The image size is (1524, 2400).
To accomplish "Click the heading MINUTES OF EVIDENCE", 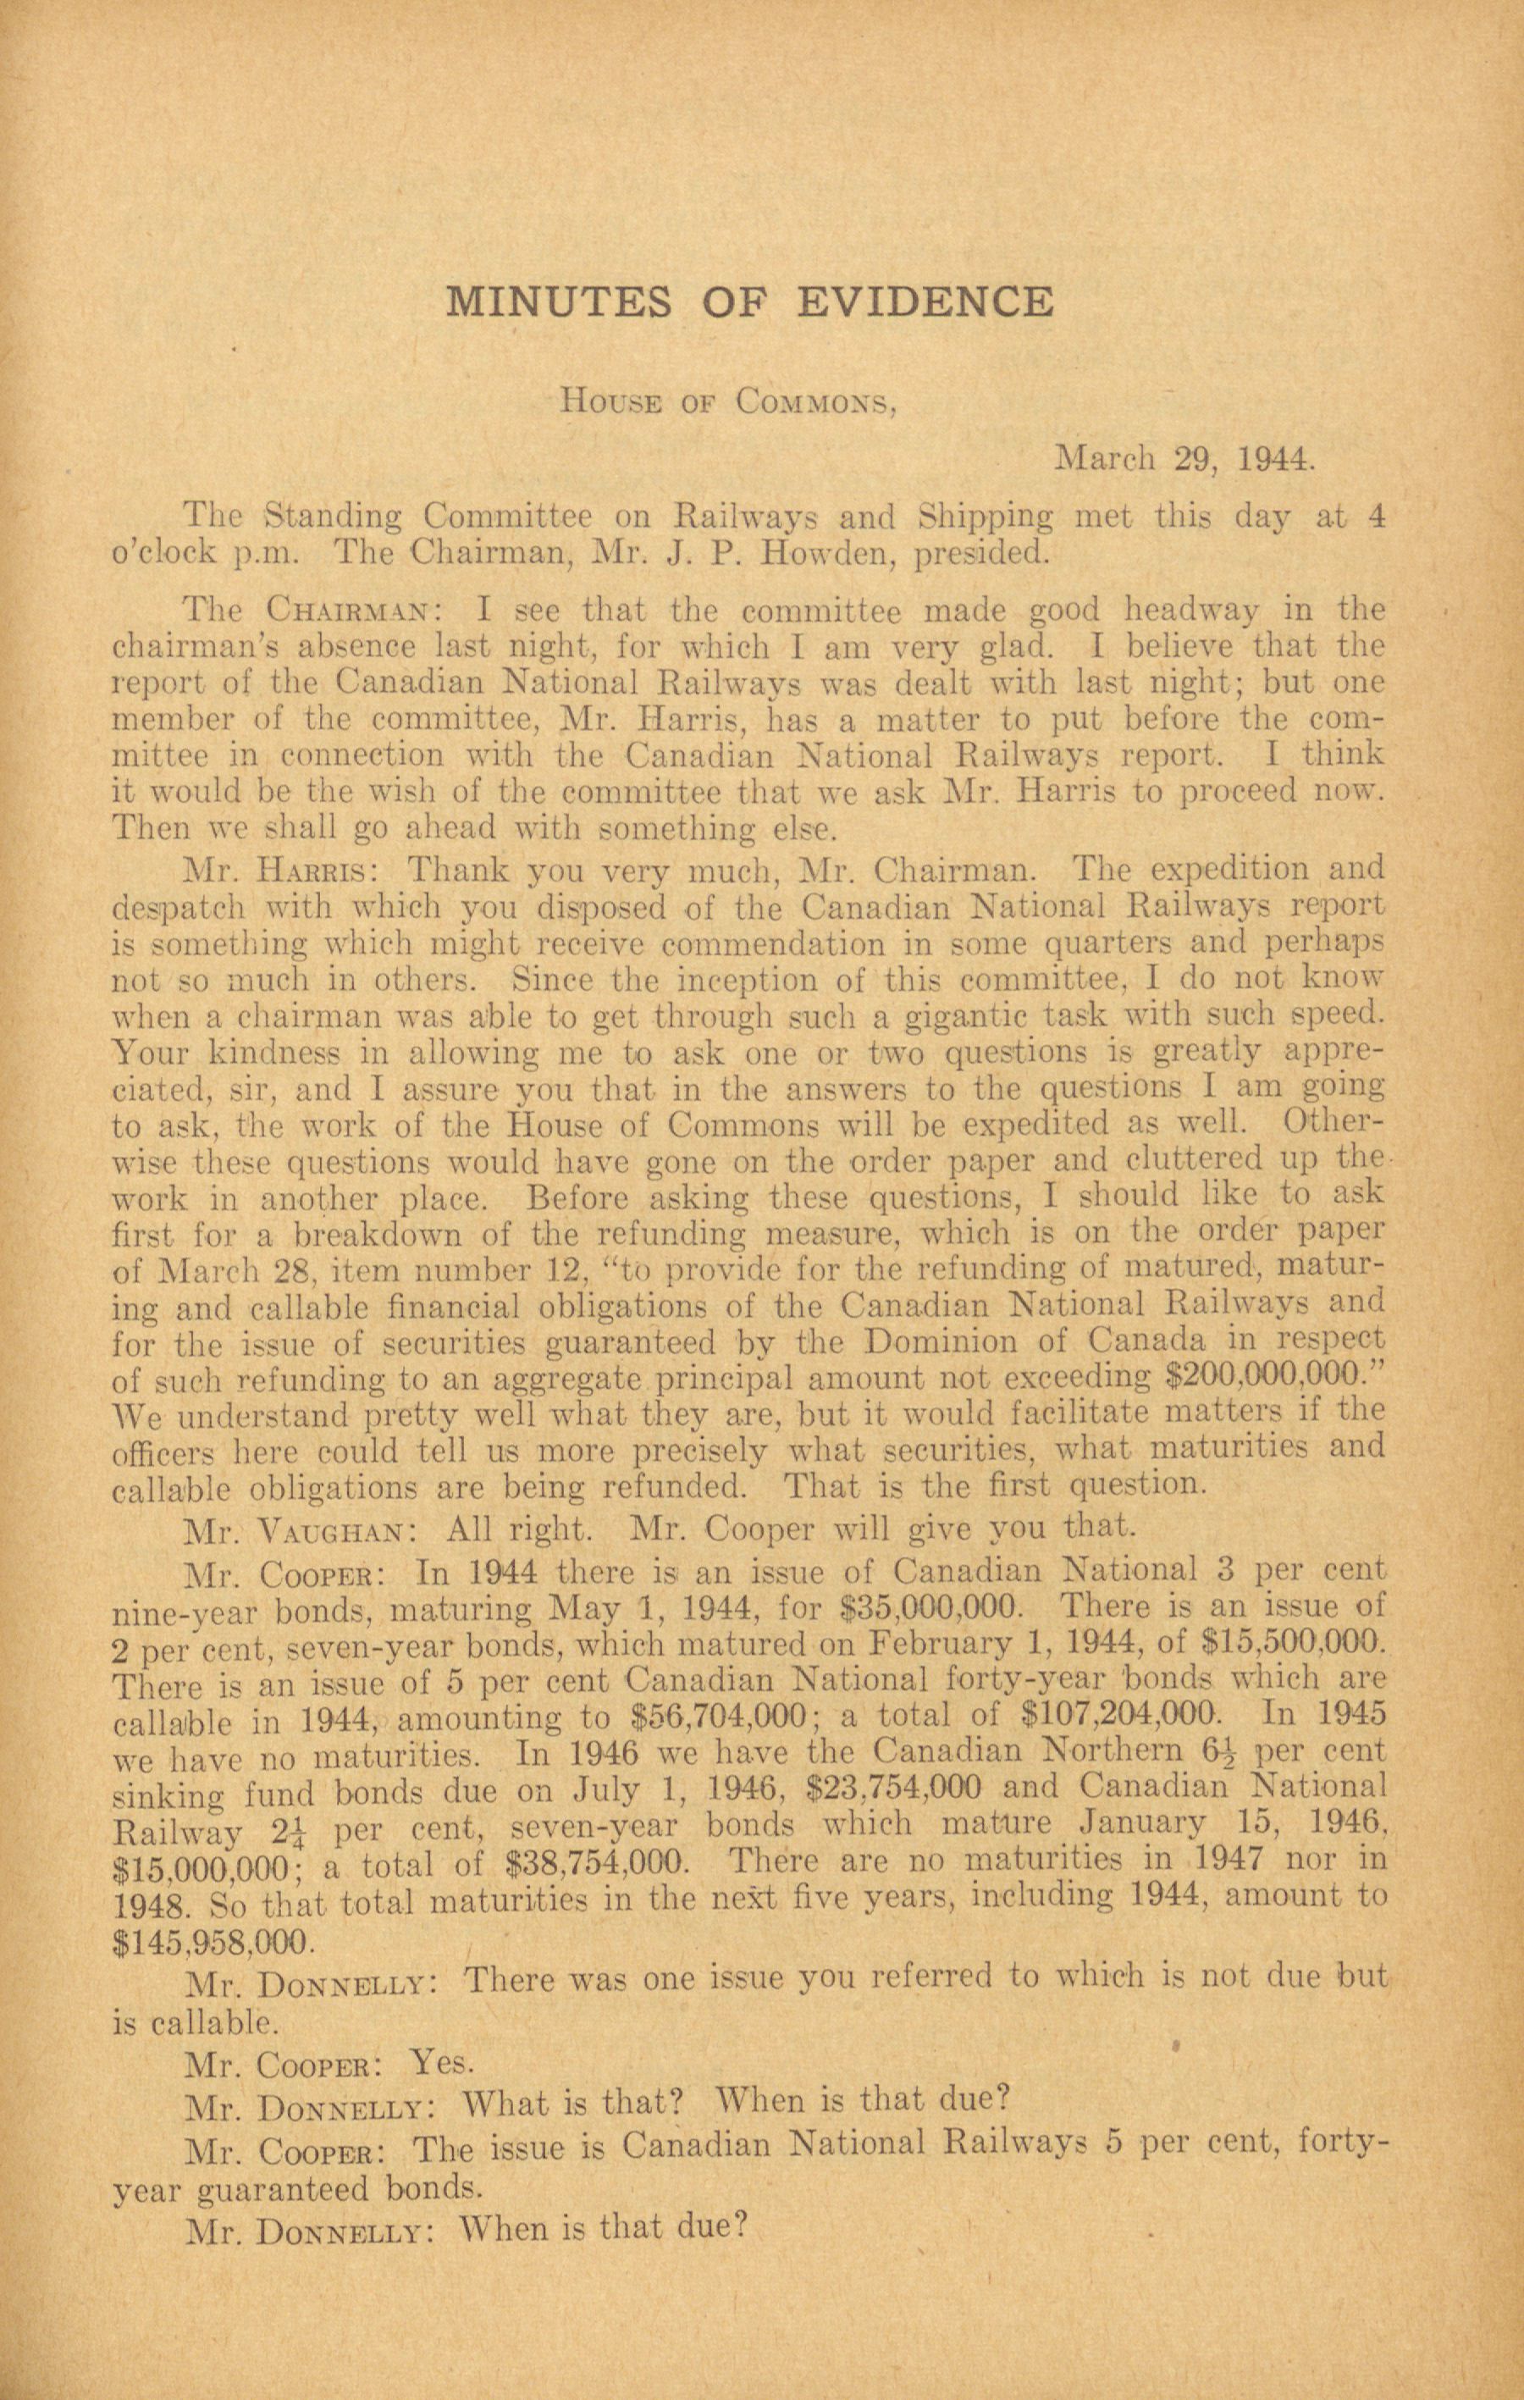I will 748,300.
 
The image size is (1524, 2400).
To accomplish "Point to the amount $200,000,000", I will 1266,1377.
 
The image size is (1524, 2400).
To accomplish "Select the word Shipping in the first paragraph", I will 982,517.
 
